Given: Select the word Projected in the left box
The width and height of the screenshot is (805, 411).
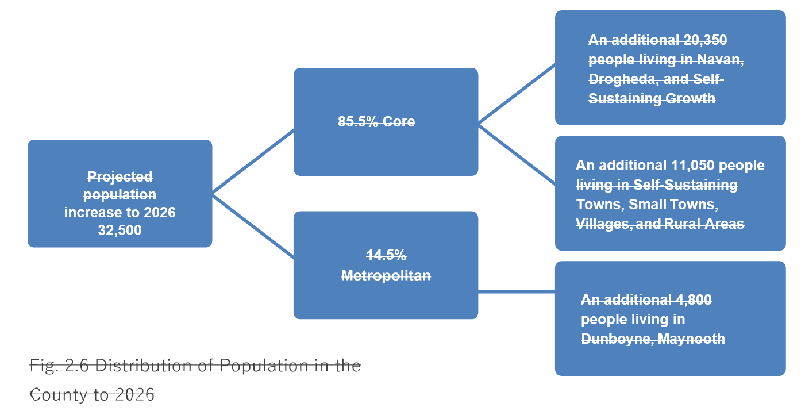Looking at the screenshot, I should pyautogui.click(x=120, y=176).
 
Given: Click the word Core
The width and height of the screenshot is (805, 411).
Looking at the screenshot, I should pyautogui.click(x=399, y=122).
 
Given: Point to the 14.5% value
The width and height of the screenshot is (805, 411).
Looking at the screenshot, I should pyautogui.click(x=386, y=256).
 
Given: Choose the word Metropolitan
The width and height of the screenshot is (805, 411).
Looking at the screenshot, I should pyautogui.click(x=386, y=276).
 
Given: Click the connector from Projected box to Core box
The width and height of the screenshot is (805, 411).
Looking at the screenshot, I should pyautogui.click(x=253, y=162).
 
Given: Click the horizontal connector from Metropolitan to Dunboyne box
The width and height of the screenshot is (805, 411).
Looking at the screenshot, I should pyautogui.click(x=516, y=292).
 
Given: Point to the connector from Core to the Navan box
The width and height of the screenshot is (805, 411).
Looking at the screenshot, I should pyautogui.click(x=516, y=94).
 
